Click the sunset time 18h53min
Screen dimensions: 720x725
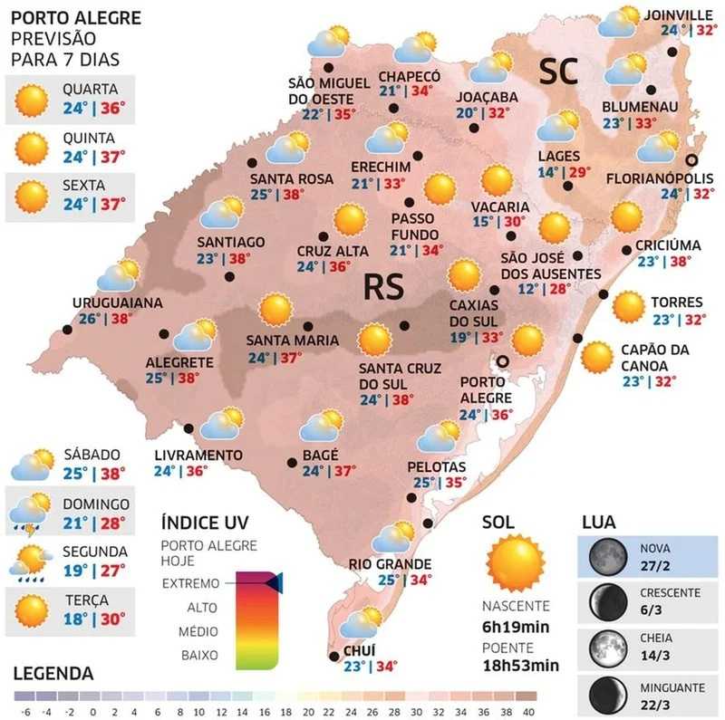519,665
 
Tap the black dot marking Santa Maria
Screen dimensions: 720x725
309,326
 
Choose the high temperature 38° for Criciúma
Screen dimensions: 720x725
680,262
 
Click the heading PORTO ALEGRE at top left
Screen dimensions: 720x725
76,17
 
